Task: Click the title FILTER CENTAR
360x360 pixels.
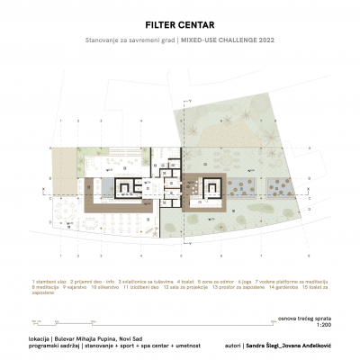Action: point(180,27)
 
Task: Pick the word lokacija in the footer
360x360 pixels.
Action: point(40,338)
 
